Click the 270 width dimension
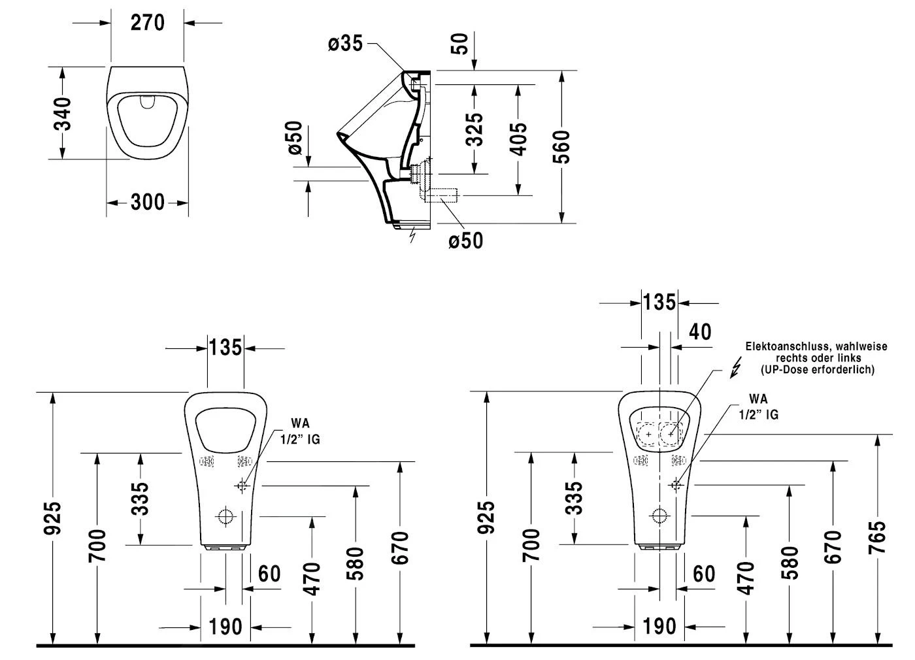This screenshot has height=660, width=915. pyautogui.click(x=147, y=23)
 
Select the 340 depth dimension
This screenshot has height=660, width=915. pyautogui.click(x=62, y=113)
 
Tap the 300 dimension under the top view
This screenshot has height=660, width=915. pyautogui.click(x=147, y=203)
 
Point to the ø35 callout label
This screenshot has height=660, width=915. pyautogui.click(x=345, y=44)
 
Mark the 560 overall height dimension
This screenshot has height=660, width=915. pyautogui.click(x=561, y=146)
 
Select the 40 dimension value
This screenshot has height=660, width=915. pyautogui.click(x=700, y=331)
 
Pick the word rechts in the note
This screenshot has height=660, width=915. pyautogui.click(x=791, y=358)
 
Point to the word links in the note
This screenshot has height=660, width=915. pyautogui.click(x=848, y=358)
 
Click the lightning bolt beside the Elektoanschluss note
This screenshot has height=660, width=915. pyautogui.click(x=735, y=368)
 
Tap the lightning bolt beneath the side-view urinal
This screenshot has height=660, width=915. pyautogui.click(x=412, y=235)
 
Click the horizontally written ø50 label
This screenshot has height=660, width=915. pyautogui.click(x=466, y=240)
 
